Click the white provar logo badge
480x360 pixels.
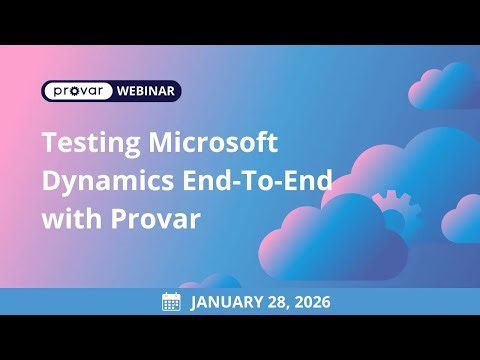click(78, 91)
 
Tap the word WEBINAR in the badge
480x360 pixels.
click(148, 91)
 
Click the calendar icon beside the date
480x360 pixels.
click(171, 301)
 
